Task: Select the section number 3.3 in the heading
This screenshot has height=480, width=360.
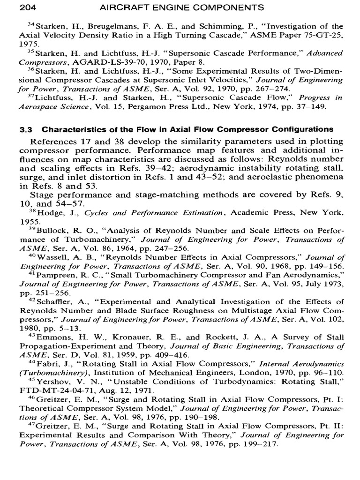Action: point(25,129)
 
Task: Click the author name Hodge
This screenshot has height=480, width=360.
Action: point(49,212)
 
